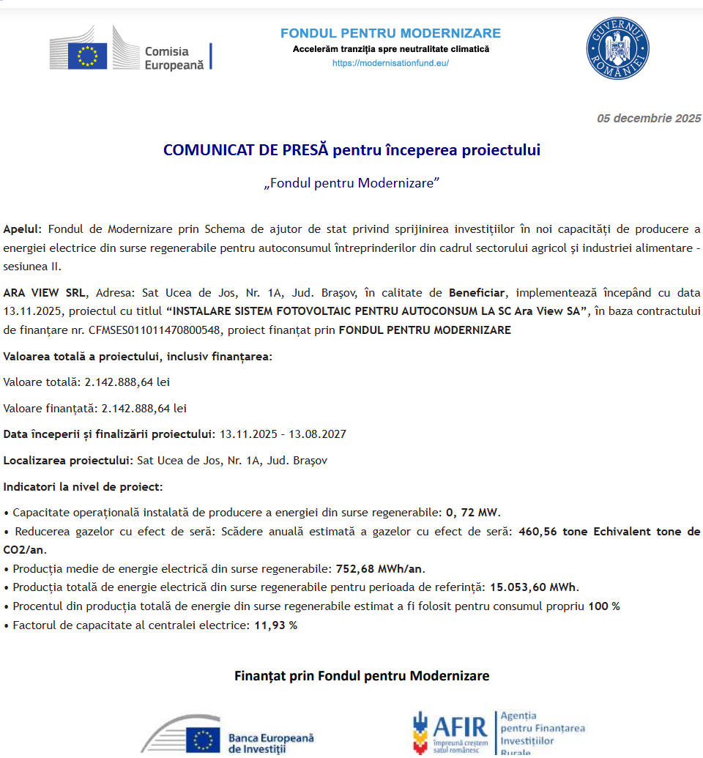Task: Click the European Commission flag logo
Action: point(88,56)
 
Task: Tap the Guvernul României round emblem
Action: point(617,49)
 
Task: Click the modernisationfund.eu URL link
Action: point(390,63)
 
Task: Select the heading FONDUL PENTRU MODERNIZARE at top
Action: point(390,34)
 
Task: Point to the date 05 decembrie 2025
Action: point(649,119)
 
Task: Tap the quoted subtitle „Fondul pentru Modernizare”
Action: point(351,183)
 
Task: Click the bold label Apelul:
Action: point(23,229)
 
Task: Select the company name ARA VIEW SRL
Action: point(44,292)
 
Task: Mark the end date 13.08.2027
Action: point(317,434)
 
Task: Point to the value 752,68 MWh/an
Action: point(380,568)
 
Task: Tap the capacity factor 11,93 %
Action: point(275,625)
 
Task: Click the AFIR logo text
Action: point(459,727)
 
